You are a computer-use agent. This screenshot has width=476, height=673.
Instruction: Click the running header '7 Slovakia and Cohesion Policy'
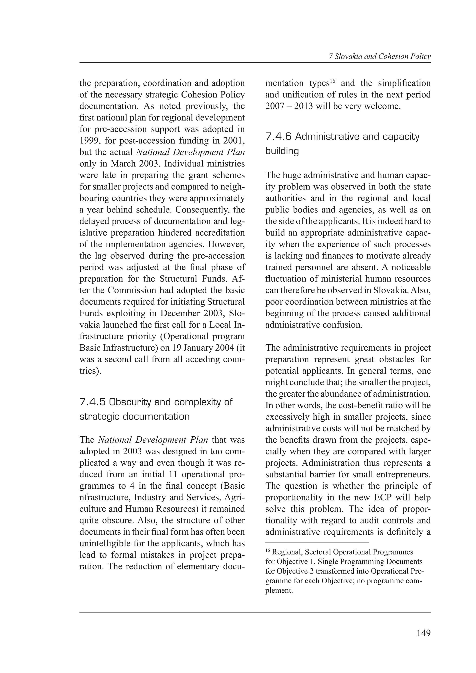point(380,57)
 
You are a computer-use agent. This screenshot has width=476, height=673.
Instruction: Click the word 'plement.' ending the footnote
point(279,590)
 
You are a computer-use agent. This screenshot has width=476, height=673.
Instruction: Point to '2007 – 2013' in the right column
point(289,106)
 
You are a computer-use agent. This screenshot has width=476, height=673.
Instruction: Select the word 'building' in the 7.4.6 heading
point(282,151)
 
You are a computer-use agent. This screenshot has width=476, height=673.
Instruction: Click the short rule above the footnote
point(317,542)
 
